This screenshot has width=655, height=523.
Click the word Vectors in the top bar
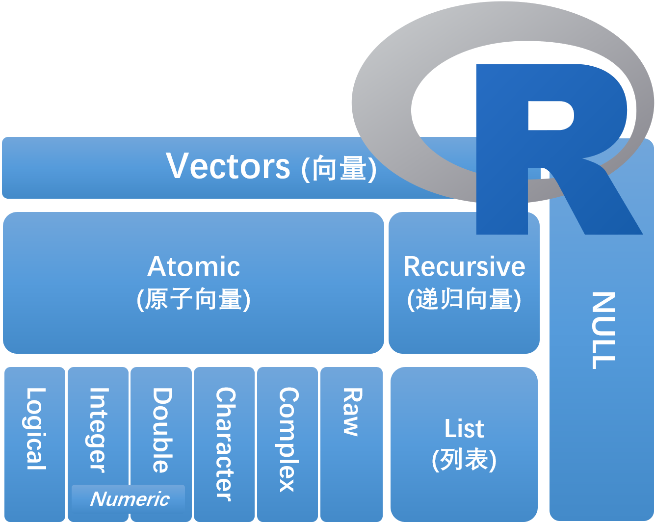tap(228, 166)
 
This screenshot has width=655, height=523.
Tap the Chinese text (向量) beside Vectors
tap(339, 168)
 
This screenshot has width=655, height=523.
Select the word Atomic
tap(194, 266)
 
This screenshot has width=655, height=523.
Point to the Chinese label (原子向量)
tap(194, 299)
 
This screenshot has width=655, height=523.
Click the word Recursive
tap(464, 266)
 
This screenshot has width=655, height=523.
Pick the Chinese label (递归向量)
tap(464, 299)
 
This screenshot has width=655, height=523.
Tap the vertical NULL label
tap(603, 330)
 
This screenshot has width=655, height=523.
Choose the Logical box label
tap(36, 429)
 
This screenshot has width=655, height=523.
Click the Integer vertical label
tap(98, 430)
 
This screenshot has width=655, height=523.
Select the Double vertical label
tap(161, 430)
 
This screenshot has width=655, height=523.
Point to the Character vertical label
tap(225, 444)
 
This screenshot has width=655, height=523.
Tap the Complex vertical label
tap(288, 440)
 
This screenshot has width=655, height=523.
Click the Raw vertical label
tap(352, 412)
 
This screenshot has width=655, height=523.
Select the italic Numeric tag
tap(130, 499)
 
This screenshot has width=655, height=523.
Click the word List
tap(464, 428)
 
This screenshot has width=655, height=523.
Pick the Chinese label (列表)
tap(464, 460)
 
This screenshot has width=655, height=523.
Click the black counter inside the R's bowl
tap(550, 116)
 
